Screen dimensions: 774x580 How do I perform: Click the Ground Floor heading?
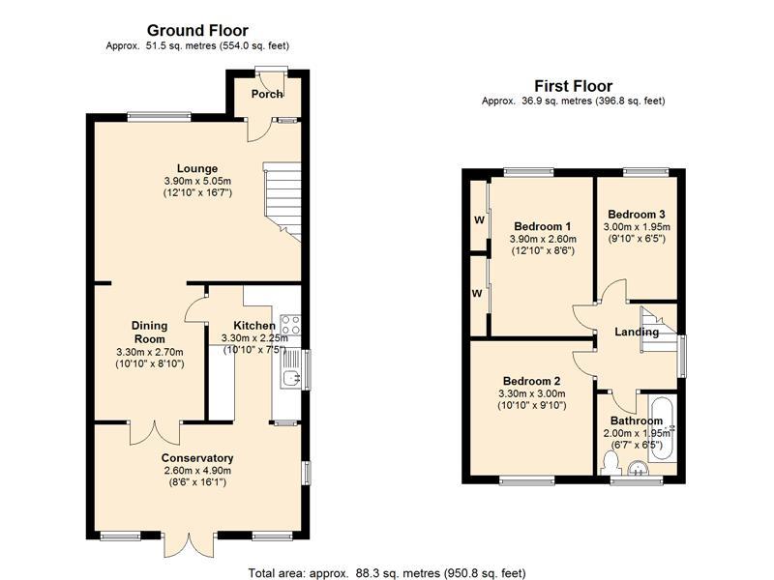click(197, 31)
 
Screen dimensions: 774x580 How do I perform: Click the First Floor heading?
click(573, 86)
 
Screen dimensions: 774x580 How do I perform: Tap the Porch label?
click(267, 94)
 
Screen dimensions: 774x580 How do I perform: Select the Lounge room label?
click(197, 168)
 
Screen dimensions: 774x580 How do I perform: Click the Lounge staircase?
click(283, 201)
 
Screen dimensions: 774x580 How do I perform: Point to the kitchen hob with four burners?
click(289, 325)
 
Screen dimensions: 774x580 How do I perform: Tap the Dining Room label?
click(150, 333)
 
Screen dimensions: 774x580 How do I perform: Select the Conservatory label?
click(197, 457)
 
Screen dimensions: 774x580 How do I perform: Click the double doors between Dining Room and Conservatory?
click(155, 433)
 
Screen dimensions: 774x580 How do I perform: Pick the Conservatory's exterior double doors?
click(189, 544)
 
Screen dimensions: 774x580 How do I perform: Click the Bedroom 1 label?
click(543, 226)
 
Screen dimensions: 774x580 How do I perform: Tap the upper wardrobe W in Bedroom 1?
click(479, 220)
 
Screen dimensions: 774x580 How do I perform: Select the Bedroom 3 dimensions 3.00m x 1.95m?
click(637, 227)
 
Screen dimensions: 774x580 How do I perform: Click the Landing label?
click(637, 332)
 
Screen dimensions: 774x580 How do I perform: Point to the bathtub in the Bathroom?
click(663, 428)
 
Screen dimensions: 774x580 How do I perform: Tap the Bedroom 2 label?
click(531, 381)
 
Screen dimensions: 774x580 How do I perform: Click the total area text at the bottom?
click(387, 573)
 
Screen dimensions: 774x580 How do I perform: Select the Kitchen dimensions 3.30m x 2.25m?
click(254, 338)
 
